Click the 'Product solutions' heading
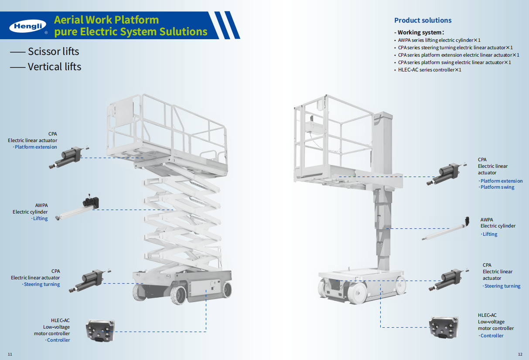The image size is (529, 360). click(x=423, y=20)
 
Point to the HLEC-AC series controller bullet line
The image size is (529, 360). click(x=429, y=70)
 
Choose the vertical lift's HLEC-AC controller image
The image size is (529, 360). click(x=444, y=327)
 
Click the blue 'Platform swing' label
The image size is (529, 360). click(x=497, y=187)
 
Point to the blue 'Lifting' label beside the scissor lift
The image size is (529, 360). click(x=41, y=218)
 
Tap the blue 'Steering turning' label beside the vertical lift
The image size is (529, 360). click(x=502, y=286)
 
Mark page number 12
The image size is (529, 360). click(x=520, y=354)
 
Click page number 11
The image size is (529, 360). click(x=10, y=354)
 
